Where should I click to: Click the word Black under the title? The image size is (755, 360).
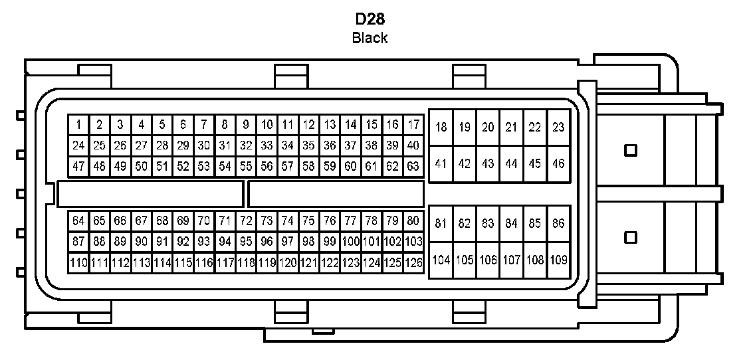tap(370, 38)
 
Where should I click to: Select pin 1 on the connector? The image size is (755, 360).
tap(78, 124)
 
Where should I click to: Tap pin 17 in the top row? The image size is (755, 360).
tap(413, 124)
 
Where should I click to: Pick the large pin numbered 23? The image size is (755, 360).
tap(558, 127)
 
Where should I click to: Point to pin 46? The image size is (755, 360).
tap(558, 163)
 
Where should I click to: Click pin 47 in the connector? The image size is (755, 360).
tap(78, 166)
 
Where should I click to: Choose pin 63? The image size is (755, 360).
tap(413, 166)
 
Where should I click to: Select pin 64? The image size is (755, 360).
tap(78, 221)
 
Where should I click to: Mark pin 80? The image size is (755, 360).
tap(413, 221)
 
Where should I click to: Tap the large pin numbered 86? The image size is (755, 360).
tap(558, 224)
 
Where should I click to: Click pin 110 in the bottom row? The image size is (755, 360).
tap(78, 263)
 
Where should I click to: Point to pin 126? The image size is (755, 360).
tap(413, 263)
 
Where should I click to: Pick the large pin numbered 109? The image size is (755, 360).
tap(558, 260)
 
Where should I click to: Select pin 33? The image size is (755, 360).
tap(267, 145)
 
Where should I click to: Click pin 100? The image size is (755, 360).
tap(350, 242)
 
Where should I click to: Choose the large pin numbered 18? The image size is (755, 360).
tap(441, 127)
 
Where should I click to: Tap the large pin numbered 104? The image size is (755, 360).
tap(441, 260)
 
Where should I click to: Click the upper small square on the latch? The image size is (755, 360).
tap(631, 150)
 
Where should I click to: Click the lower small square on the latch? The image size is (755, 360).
tap(631, 236)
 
